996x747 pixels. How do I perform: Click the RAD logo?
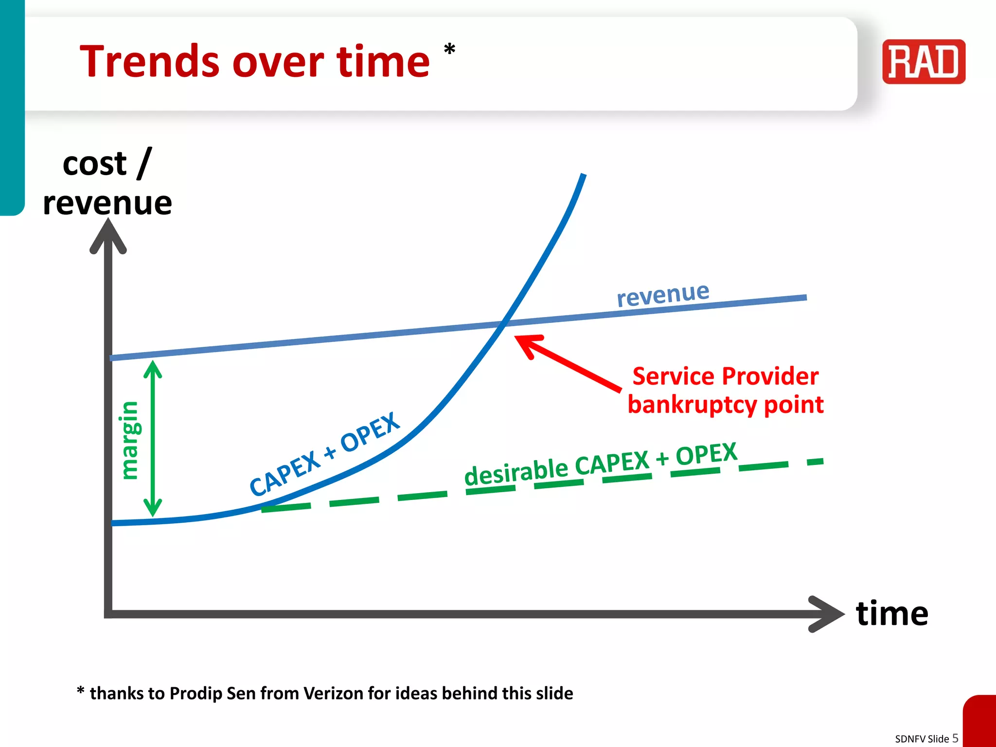click(x=924, y=62)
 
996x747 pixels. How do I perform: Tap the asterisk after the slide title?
click(x=449, y=50)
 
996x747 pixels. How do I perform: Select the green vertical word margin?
click(x=129, y=440)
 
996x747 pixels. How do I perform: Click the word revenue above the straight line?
click(x=662, y=294)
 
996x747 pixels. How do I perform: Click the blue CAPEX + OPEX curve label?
click(x=324, y=453)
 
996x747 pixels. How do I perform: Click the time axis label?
click(x=891, y=613)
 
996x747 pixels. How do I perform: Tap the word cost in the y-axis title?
click(x=94, y=164)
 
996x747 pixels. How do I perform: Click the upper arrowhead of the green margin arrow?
click(x=153, y=368)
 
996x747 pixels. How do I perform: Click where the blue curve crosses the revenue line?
click(x=504, y=323)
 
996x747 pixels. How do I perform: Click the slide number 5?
click(x=955, y=738)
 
